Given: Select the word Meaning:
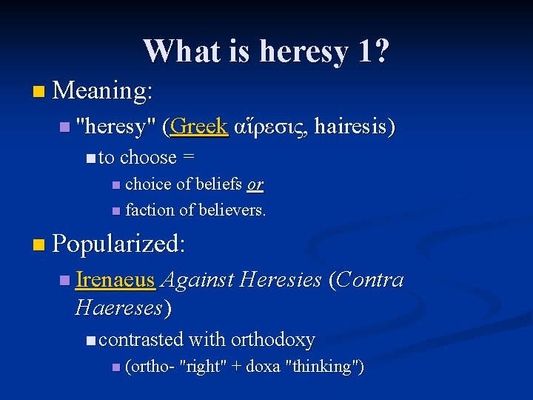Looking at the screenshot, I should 103,92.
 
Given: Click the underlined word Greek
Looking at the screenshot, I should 198,127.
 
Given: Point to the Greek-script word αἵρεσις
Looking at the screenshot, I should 269,127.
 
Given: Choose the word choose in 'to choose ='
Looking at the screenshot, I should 148,158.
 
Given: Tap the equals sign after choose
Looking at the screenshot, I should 190,158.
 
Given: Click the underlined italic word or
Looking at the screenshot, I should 255,184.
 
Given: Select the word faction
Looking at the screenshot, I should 150,210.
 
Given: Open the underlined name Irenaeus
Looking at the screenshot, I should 115,280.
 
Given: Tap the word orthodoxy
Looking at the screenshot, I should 273,340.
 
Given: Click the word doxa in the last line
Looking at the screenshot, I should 263,367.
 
